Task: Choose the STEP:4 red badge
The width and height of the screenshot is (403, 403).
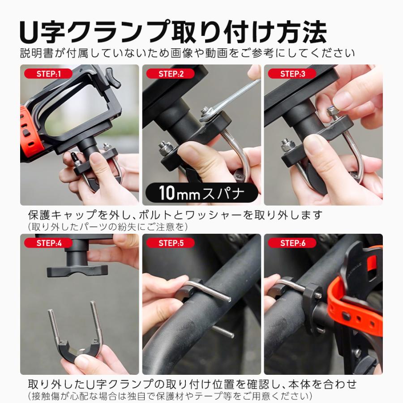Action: point(48,243)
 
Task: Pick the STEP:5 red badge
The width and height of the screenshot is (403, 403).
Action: point(170,243)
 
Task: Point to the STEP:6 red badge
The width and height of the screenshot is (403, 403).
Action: point(292,243)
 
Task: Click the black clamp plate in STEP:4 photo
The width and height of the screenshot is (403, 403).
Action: point(77,270)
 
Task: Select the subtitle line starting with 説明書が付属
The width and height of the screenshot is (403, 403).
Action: point(188,53)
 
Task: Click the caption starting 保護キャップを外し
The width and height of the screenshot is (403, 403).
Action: point(175,215)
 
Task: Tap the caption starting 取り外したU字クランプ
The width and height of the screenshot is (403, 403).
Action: point(193,384)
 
